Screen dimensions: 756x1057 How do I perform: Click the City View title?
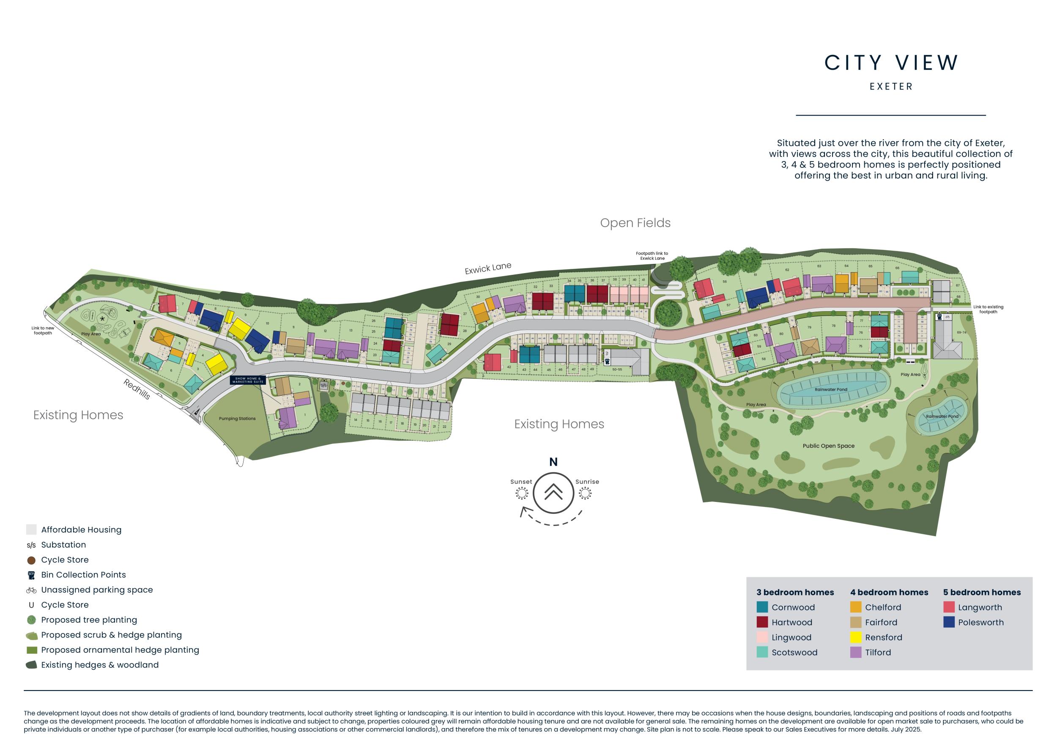click(x=891, y=63)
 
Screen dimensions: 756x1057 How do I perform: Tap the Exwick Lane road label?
click(x=488, y=268)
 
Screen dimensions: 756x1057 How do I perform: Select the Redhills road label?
click(x=137, y=389)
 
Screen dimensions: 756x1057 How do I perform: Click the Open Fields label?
click(x=635, y=223)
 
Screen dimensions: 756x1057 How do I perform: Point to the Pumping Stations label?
click(x=237, y=419)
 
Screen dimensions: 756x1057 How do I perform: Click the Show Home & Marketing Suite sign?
click(x=248, y=380)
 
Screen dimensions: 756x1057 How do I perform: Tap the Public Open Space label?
click(x=828, y=446)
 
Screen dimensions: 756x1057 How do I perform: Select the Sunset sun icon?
click(x=522, y=493)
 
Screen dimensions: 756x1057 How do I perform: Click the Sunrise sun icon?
click(x=585, y=493)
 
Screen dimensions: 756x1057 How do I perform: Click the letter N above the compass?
click(x=553, y=462)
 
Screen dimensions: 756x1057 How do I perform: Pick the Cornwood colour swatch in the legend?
click(x=762, y=607)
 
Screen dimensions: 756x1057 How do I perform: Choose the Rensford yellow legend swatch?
click(x=855, y=637)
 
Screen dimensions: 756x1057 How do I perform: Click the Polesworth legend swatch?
click(x=949, y=622)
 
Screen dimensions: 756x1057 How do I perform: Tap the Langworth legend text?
click(x=980, y=607)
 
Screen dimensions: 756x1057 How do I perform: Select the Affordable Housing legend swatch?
click(x=31, y=529)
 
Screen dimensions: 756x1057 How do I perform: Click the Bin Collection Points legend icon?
click(x=31, y=575)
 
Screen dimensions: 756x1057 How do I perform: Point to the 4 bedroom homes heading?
click(x=889, y=592)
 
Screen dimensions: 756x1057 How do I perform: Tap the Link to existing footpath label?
click(x=988, y=309)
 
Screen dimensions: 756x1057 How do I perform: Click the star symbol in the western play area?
click(x=102, y=319)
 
